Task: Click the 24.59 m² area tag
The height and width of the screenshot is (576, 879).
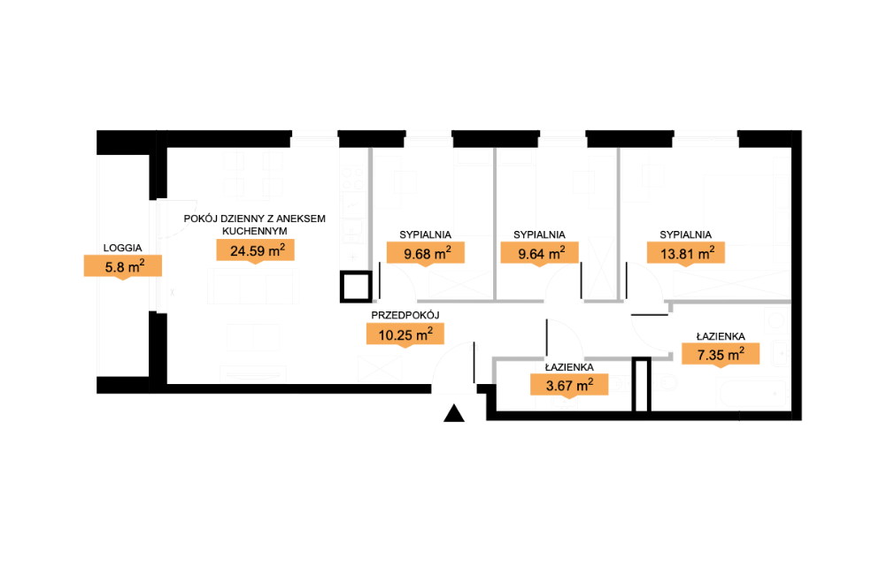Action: click(255, 251)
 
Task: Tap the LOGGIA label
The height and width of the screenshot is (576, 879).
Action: click(122, 248)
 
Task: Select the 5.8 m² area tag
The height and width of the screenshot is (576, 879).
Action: click(123, 266)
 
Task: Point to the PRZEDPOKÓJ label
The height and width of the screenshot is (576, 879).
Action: click(405, 316)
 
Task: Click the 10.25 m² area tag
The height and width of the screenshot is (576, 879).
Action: click(405, 335)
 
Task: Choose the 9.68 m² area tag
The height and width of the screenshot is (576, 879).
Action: click(426, 254)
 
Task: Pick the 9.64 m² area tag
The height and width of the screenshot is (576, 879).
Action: click(540, 254)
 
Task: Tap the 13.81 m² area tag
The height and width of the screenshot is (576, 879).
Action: click(686, 254)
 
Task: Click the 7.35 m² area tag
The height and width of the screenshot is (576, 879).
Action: click(721, 355)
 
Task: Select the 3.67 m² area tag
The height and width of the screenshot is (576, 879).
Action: click(569, 386)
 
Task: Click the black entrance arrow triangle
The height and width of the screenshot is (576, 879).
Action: click(454, 414)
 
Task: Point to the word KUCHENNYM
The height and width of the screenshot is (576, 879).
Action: click(255, 231)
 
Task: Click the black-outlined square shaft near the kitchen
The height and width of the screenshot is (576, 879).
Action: click(356, 287)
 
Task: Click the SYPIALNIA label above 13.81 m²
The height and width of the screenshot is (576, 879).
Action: click(686, 234)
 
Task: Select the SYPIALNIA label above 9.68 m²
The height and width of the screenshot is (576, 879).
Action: click(426, 234)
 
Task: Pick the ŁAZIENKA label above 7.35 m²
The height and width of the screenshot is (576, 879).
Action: click(721, 337)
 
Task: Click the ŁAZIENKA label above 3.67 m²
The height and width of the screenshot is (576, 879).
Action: click(569, 367)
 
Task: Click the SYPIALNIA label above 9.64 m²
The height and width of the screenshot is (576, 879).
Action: click(539, 234)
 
